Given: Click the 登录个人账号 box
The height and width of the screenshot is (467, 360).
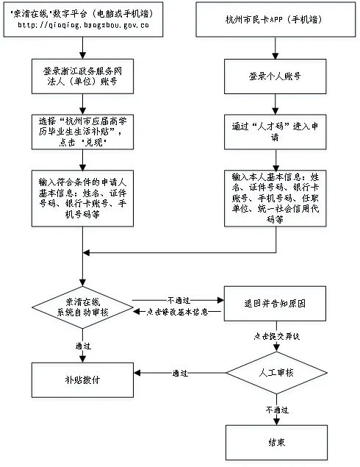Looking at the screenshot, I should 274,76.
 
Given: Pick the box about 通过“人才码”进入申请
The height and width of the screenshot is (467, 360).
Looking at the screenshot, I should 274,131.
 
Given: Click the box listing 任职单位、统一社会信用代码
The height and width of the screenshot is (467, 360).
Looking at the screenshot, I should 274,198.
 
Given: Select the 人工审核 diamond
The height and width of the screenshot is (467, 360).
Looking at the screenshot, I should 276,373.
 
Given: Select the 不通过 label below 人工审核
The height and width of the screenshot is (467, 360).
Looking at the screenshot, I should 276,408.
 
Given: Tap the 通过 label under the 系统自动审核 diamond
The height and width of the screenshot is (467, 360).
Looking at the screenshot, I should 82,344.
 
